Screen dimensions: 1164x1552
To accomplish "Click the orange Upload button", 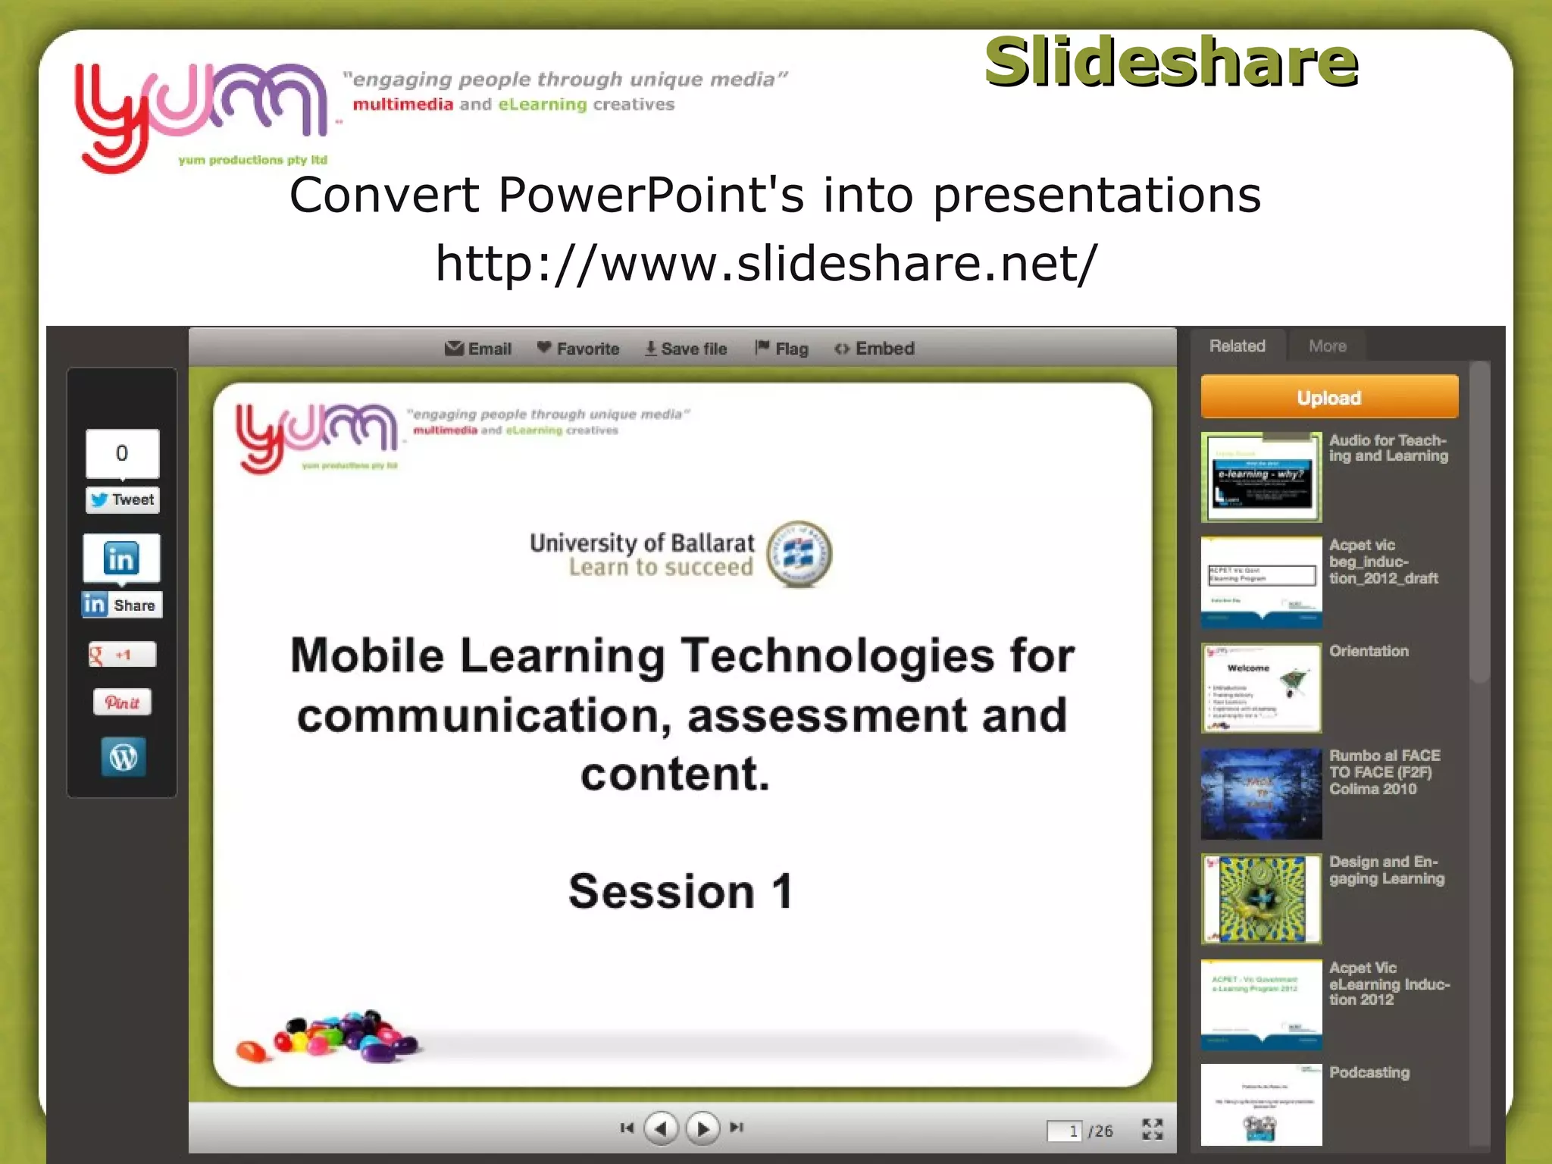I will [1328, 397].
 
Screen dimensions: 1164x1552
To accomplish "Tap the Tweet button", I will [123, 500].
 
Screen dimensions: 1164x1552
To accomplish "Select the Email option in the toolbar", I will [478, 349].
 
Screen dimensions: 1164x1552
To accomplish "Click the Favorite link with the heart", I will [578, 349].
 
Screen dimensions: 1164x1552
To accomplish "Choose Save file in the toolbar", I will [686, 349].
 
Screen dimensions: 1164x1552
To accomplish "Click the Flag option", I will [782, 349].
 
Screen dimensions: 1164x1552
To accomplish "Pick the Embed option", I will [875, 349].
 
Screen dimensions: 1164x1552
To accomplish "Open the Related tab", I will [1237, 346].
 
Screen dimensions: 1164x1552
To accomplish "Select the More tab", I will [1327, 346].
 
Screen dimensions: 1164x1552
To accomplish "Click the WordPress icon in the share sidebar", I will [124, 756].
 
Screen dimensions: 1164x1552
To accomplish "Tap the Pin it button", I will [122, 702].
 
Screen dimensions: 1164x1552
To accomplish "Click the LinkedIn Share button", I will [122, 605].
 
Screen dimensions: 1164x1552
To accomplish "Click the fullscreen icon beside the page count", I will [1152, 1129].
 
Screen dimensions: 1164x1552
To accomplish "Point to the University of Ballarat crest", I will [799, 555].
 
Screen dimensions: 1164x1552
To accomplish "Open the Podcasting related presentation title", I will [1369, 1072].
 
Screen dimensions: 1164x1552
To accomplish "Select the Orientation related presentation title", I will [1369, 651].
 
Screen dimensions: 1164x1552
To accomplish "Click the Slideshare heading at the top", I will [1171, 62].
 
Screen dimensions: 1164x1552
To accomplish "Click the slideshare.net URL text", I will [765, 263].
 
